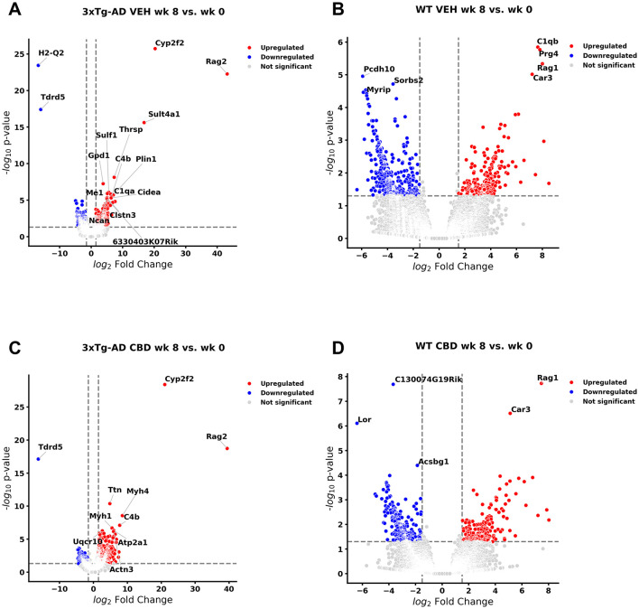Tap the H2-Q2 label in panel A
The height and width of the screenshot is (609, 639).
(x=51, y=52)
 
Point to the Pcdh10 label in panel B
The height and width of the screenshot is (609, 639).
(x=379, y=69)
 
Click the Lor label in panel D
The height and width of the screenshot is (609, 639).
(x=365, y=420)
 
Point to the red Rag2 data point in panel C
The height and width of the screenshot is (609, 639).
(x=227, y=448)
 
